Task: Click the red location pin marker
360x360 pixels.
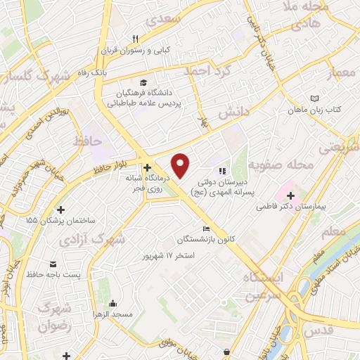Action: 181,165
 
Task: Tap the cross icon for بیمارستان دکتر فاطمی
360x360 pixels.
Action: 290,194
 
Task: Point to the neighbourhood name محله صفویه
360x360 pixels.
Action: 285,166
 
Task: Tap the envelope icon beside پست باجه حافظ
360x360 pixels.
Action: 53,266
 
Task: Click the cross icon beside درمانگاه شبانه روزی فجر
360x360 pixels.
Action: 147,168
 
